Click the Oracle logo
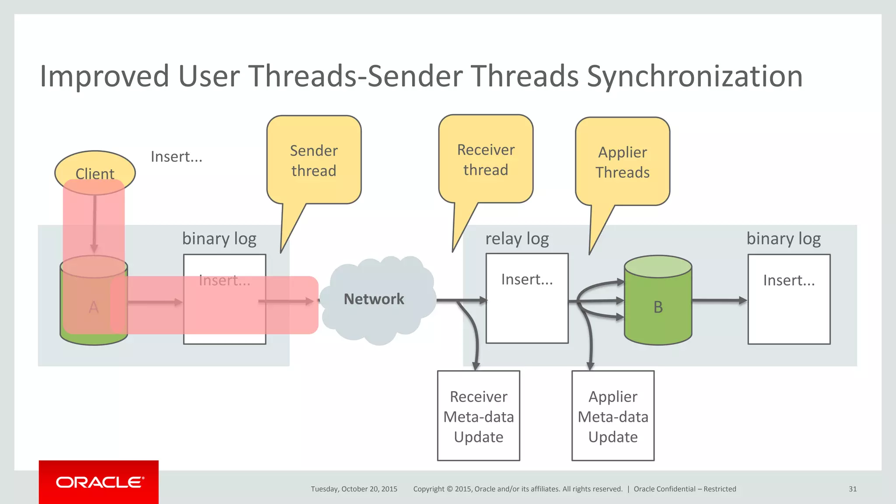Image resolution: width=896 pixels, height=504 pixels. [x=99, y=482]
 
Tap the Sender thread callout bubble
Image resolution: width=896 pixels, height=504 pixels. [x=314, y=161]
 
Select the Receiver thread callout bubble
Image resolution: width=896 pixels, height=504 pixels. [x=486, y=160]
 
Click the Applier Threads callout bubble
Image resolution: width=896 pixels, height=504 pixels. [x=622, y=162]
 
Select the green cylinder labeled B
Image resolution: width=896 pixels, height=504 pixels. [x=658, y=307]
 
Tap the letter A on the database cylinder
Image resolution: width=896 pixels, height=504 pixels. [x=94, y=307]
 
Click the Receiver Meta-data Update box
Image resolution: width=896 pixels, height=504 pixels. [x=478, y=416]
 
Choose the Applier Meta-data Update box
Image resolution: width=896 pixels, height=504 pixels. [x=612, y=416]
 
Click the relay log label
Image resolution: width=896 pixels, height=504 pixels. [x=517, y=239]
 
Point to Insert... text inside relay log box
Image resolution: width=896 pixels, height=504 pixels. [x=527, y=279]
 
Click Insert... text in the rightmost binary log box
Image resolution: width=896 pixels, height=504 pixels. [x=788, y=280]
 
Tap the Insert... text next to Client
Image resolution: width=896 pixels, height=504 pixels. [x=176, y=157]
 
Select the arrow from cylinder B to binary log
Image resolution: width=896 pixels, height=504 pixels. [x=719, y=301]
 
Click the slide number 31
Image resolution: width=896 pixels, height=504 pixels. [x=852, y=489]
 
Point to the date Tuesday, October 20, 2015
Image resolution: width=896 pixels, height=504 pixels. [x=354, y=489]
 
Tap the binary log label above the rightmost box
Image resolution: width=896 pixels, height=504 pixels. [x=783, y=239]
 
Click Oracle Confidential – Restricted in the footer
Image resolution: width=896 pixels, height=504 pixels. [x=685, y=489]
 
